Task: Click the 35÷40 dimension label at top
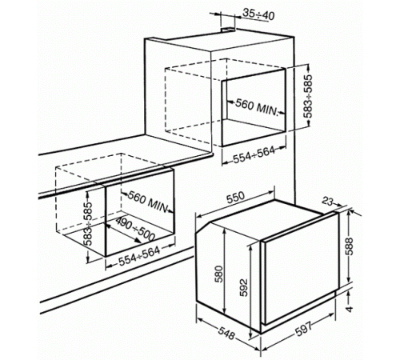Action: point(258,14)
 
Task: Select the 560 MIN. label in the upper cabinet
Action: point(257,107)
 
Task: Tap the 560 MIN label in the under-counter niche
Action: point(148,202)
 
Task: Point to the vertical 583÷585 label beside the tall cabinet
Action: point(308,96)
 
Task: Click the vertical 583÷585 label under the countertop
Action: point(88,223)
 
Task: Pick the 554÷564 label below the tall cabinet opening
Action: point(254,155)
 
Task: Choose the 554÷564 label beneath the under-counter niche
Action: point(139,256)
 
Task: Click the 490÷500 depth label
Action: point(135,229)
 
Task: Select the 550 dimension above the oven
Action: point(235,197)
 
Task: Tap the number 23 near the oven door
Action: point(327,201)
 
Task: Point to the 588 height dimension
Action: point(350,246)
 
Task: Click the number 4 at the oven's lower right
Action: point(350,309)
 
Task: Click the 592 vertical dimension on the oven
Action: point(244,288)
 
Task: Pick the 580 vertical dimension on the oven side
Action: point(218,274)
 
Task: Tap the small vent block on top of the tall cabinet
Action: point(228,30)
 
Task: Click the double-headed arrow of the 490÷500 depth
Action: point(123,234)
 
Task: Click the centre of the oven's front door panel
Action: point(301,267)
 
